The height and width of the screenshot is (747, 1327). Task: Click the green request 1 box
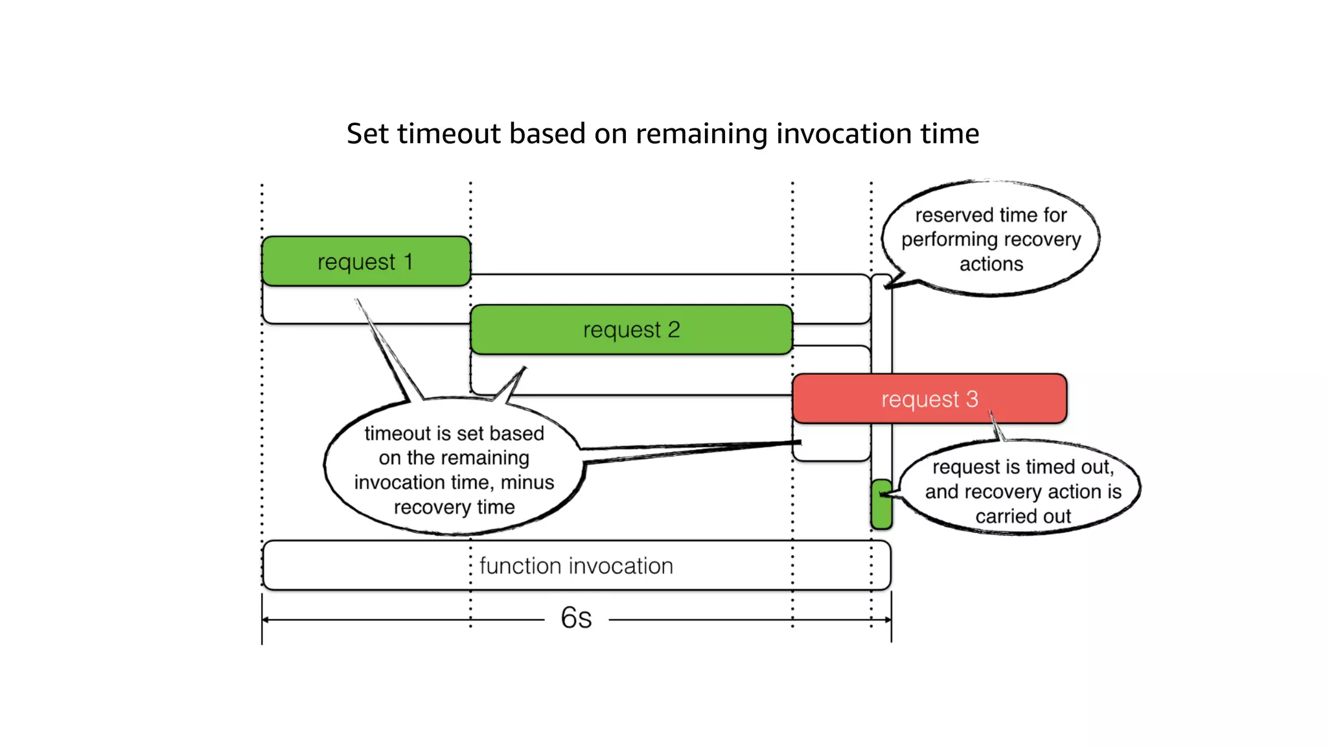click(365, 261)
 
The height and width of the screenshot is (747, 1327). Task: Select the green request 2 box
click(631, 329)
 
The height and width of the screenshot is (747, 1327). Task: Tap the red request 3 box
click(929, 399)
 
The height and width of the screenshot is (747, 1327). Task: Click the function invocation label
click(576, 566)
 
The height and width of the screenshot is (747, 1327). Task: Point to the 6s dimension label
click(576, 618)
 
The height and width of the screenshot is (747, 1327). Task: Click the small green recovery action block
click(881, 504)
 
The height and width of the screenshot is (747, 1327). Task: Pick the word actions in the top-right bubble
click(991, 264)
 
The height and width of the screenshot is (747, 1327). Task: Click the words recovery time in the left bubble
click(454, 507)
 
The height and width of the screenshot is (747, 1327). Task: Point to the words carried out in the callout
click(1023, 516)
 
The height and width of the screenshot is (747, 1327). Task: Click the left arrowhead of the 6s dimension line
click(266, 620)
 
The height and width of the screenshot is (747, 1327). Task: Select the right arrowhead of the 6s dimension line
click(888, 620)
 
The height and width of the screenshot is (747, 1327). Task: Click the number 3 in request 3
click(972, 399)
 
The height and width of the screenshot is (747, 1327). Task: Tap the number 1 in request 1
click(408, 261)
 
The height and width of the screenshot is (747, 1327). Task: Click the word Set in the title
click(367, 134)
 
